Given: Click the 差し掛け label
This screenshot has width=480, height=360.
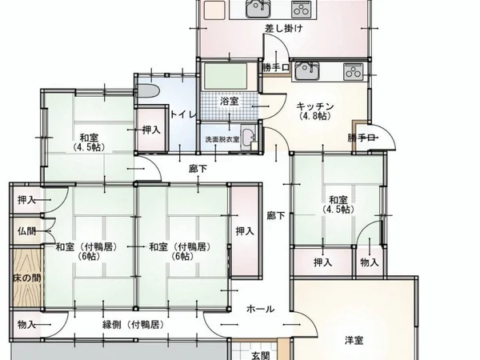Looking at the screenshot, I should click(x=283, y=29).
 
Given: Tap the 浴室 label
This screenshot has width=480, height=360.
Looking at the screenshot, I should click(x=230, y=101).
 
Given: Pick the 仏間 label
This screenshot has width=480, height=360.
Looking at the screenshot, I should click(x=26, y=231).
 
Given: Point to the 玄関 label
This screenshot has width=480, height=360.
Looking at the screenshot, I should click(x=261, y=354).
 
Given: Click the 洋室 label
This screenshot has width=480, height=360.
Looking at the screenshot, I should click(x=356, y=341).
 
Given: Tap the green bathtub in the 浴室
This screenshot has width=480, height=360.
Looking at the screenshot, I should click(x=229, y=78).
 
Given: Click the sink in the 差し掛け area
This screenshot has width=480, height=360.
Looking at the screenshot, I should click(x=257, y=9).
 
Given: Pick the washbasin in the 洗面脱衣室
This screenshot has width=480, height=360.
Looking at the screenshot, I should click(x=248, y=136).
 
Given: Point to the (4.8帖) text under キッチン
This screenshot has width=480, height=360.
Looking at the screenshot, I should click(x=314, y=117).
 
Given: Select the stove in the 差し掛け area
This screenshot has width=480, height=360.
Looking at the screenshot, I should click(x=301, y=9).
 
